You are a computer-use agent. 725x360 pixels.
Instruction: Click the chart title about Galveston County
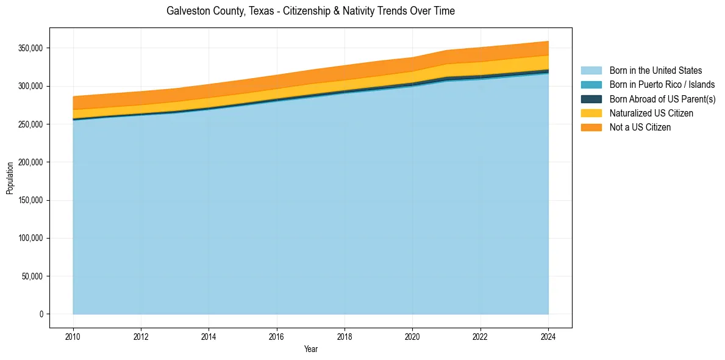310,11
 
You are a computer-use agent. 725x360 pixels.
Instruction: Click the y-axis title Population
10,178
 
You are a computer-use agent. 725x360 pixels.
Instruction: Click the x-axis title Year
310,350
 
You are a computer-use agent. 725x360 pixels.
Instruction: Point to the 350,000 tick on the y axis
30,48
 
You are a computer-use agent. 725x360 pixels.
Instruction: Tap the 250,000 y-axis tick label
30,124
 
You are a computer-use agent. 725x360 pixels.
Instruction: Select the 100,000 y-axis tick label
30,238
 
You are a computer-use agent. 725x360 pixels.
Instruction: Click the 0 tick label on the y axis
41,314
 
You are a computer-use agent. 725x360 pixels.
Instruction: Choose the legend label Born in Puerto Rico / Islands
662,85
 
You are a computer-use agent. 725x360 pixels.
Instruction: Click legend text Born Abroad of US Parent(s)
662,99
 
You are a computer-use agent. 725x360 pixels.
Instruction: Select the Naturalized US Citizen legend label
651,113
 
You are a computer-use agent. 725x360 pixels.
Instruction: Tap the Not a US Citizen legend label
640,128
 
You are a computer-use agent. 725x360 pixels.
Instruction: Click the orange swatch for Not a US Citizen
591,128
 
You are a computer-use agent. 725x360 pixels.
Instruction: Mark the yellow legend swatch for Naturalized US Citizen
591,113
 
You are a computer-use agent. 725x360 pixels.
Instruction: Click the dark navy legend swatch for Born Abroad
591,99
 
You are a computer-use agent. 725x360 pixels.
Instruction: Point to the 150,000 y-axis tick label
30,200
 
